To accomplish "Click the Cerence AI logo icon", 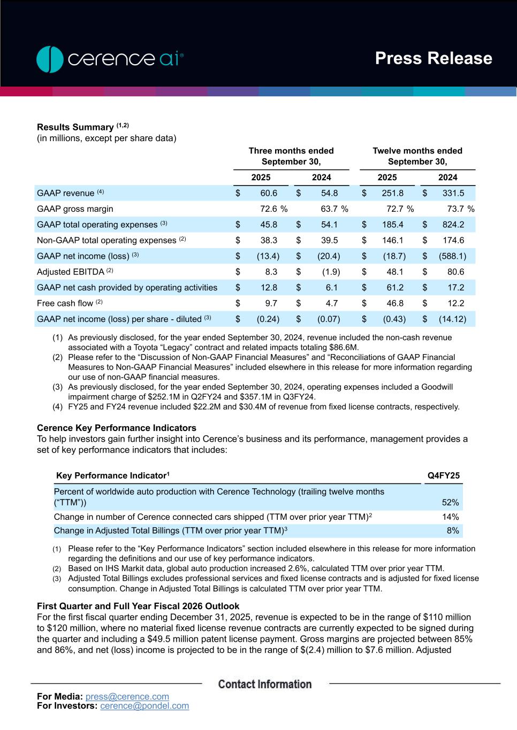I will pyautogui.click(x=50, y=59).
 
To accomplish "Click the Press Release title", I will pyautogui.click(x=433, y=58).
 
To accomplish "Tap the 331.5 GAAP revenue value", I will pyautogui.click(x=453, y=193).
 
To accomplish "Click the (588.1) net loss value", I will pyautogui.click(x=453, y=256).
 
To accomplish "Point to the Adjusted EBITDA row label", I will pyautogui.click(x=70, y=272).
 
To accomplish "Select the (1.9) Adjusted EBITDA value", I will pyautogui.click(x=331, y=272).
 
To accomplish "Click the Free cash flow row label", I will pyautogui.click(x=65, y=303).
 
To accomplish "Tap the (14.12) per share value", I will pyautogui.click(x=452, y=319).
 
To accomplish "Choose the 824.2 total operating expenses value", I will pyautogui.click(x=453, y=225).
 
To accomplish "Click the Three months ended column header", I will pyautogui.click(x=291, y=156).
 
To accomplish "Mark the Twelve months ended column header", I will pyautogui.click(x=417, y=156).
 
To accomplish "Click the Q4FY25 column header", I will pyautogui.click(x=443, y=475).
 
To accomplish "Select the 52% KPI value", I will pyautogui.click(x=450, y=502).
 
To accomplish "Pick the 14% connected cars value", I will pyautogui.click(x=451, y=517).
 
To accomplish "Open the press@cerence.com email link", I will pyautogui.click(x=127, y=696).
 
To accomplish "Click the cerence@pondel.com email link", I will pyautogui.click(x=145, y=706).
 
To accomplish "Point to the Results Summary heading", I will pyautogui.click(x=75, y=127).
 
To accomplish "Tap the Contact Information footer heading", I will pyautogui.click(x=265, y=684).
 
